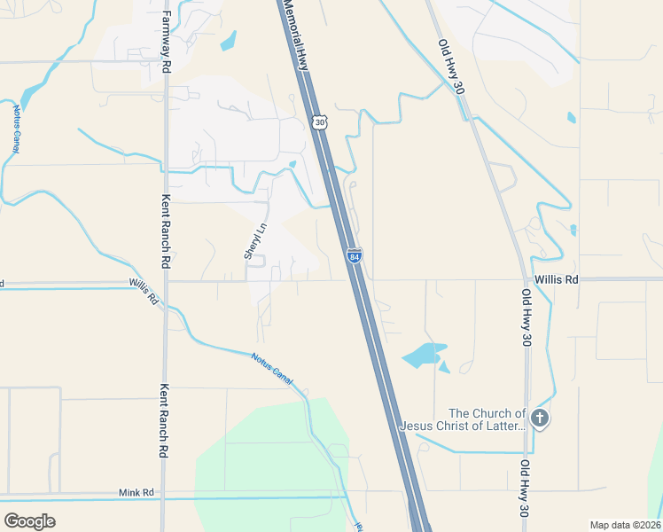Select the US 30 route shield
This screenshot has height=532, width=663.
[319, 121]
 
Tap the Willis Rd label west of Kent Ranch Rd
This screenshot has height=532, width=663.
[143, 290]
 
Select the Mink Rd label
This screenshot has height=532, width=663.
[136, 492]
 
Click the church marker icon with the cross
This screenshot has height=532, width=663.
[541, 418]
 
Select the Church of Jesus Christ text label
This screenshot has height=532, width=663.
[464, 419]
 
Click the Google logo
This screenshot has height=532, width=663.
[30, 521]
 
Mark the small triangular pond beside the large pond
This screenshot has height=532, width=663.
[444, 366]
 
